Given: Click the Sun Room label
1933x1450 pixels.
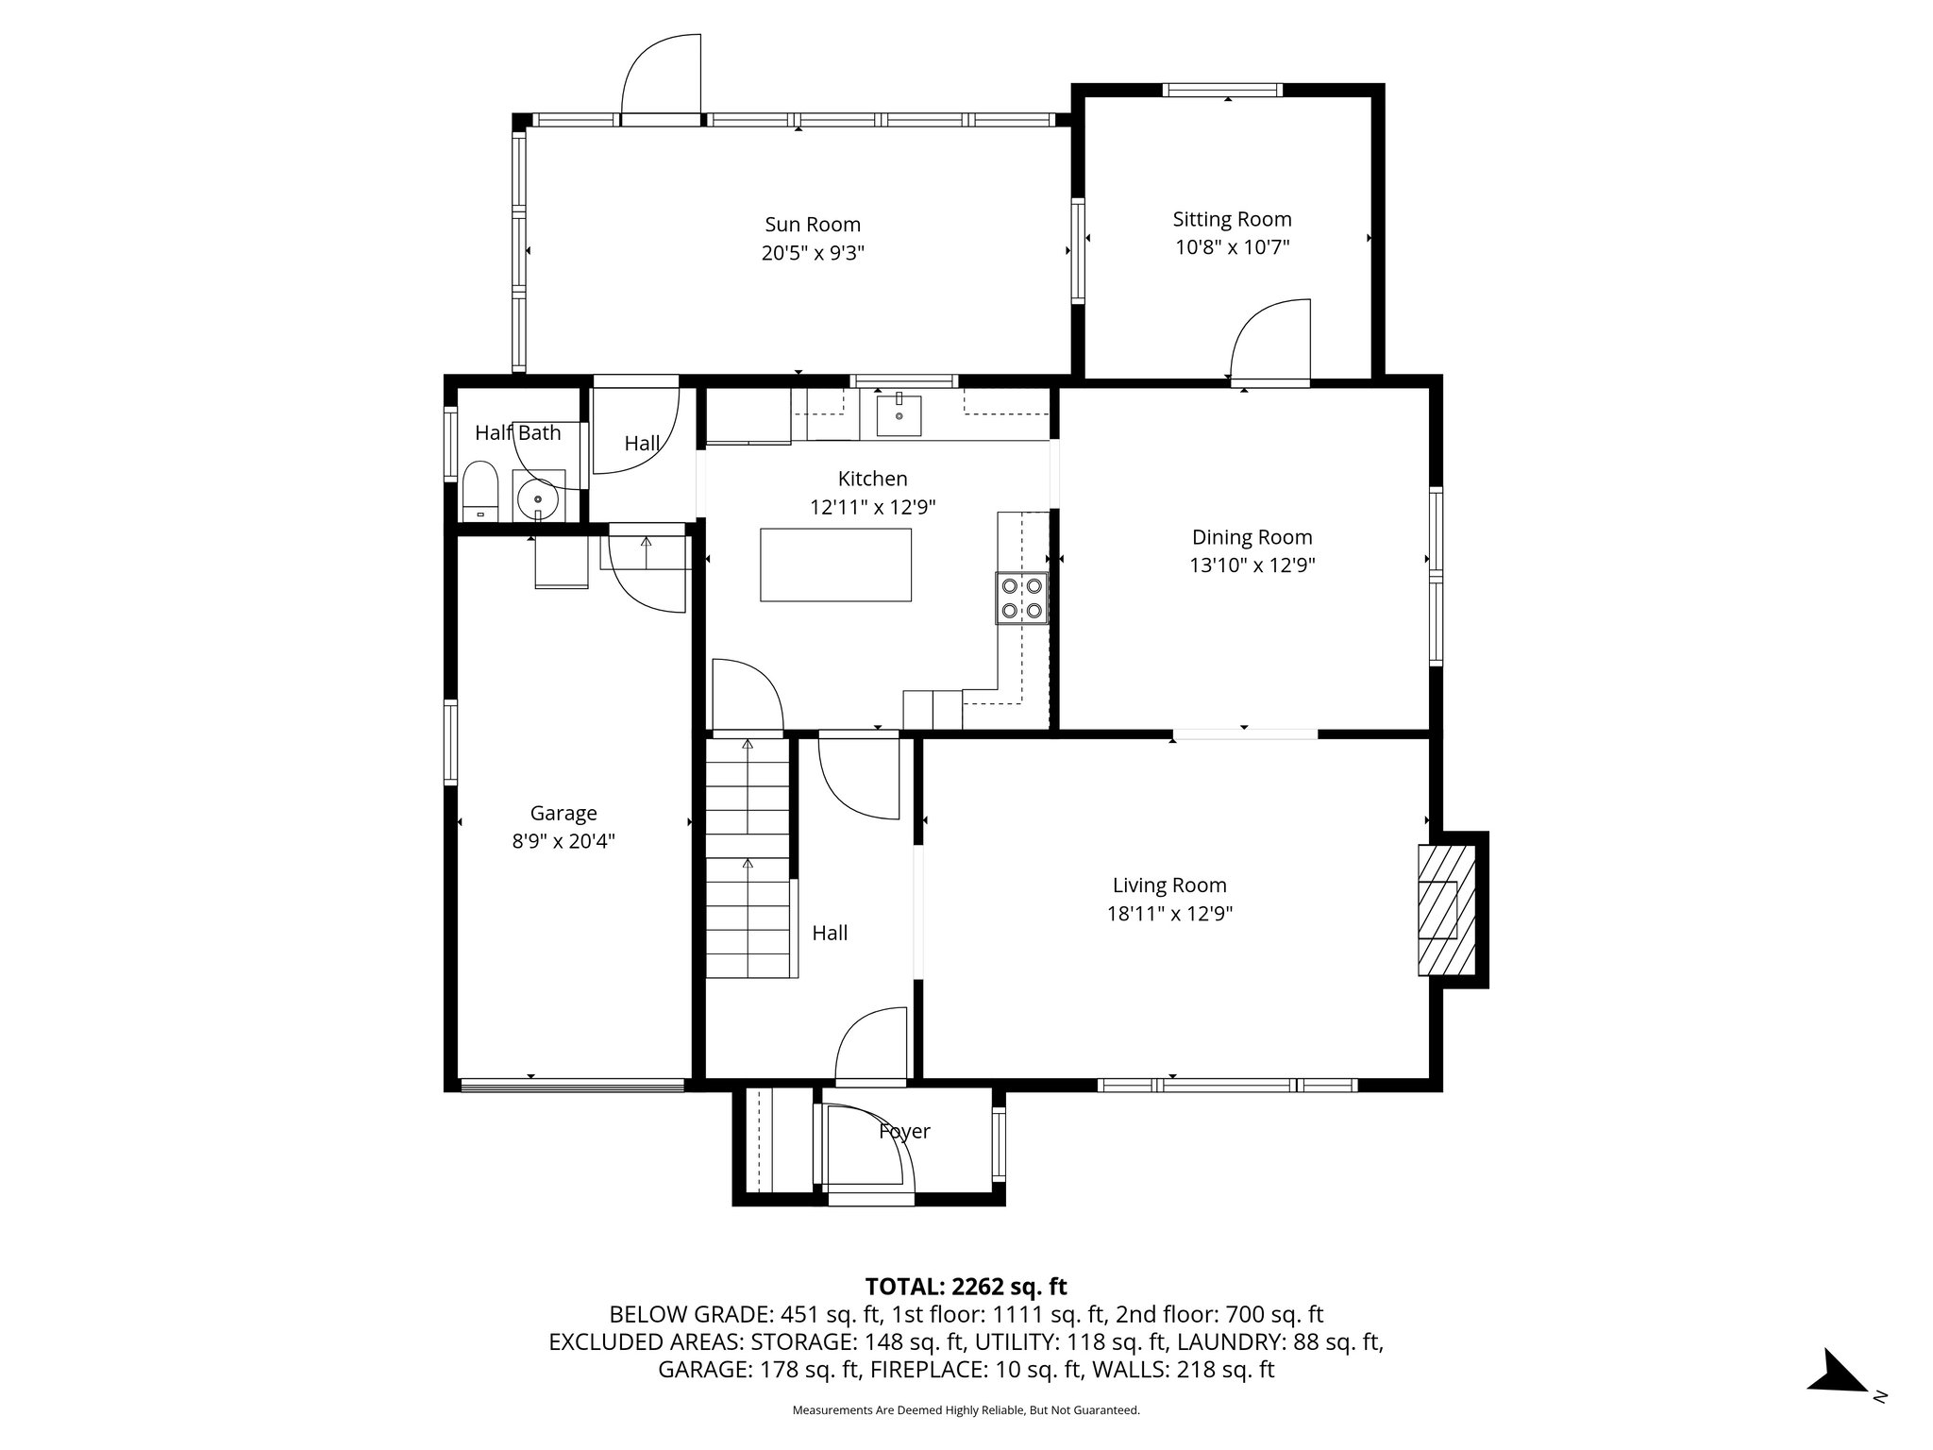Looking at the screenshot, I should click(812, 225).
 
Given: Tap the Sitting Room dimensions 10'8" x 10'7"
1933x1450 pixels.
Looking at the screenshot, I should click(1232, 247).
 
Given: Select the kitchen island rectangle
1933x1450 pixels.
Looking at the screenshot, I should click(835, 565).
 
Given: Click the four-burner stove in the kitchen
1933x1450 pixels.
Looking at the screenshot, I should click(1021, 598).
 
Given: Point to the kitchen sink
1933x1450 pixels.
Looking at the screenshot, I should click(899, 415).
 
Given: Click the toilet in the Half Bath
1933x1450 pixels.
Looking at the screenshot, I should click(481, 490).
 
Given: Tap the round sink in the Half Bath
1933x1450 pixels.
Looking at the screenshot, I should click(539, 496).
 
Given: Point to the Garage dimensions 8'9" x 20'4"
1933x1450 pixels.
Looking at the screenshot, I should click(563, 841).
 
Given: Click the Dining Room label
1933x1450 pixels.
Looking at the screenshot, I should click(1252, 537).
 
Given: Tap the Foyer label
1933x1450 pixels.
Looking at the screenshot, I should click(904, 1131).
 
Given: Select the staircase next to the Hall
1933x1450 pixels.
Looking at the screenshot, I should click(748, 859).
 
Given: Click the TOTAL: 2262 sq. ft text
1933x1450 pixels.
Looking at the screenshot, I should click(966, 1287).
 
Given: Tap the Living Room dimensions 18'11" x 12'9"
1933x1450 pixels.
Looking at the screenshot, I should click(1169, 914).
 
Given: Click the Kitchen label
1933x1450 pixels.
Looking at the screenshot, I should click(872, 479).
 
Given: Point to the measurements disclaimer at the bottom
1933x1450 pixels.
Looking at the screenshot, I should click(966, 1410).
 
